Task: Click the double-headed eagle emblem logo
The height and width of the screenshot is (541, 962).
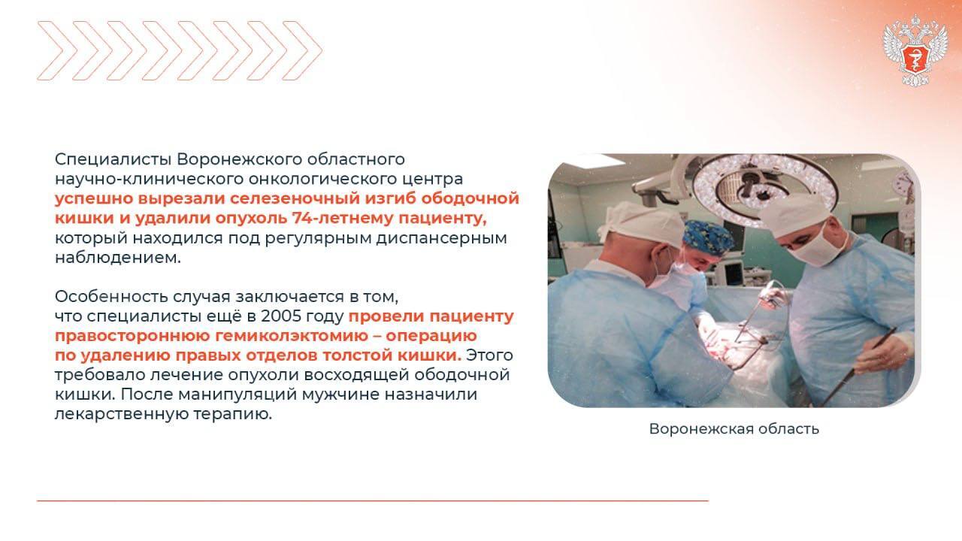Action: click(915, 50)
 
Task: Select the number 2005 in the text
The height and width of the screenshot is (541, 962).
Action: click(281, 316)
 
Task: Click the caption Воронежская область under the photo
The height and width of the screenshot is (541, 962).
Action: click(734, 428)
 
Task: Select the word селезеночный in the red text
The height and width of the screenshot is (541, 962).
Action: click(295, 198)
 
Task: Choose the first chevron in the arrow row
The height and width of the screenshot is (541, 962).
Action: click(57, 50)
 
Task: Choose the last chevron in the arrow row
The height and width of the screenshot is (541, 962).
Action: click(302, 50)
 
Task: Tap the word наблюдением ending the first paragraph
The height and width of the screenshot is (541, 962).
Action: click(118, 258)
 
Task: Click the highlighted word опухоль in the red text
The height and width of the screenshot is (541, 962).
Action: click(251, 218)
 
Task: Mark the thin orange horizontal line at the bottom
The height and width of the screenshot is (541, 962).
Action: click(373, 500)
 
